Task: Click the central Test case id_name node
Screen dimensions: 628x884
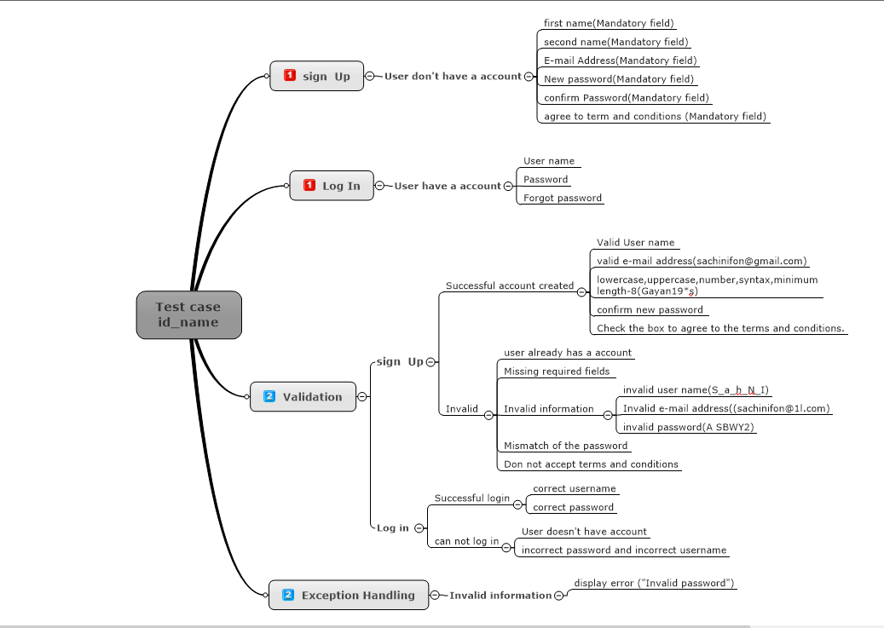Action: pyautogui.click(x=188, y=314)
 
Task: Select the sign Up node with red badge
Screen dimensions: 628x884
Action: pyautogui.click(x=316, y=76)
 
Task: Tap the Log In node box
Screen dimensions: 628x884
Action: pyautogui.click(x=332, y=186)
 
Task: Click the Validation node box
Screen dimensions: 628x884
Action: pyautogui.click(x=303, y=396)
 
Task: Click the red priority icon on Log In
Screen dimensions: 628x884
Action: pyautogui.click(x=309, y=186)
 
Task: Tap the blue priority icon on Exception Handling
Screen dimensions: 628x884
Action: pyautogui.click(x=288, y=595)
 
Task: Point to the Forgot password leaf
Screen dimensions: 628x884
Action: pyautogui.click(x=562, y=198)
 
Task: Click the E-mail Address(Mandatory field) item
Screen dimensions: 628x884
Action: pyautogui.click(x=620, y=60)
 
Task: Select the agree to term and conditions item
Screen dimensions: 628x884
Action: pyautogui.click(x=654, y=116)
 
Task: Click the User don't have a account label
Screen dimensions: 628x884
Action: pyautogui.click(x=452, y=76)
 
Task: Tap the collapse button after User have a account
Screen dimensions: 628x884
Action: pyautogui.click(x=509, y=186)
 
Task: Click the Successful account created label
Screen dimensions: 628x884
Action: pyautogui.click(x=509, y=285)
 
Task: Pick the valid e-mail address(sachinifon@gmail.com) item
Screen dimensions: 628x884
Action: pyautogui.click(x=702, y=262)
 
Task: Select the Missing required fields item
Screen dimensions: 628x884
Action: pyautogui.click(x=556, y=372)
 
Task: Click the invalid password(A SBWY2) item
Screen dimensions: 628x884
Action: pyautogui.click(x=688, y=427)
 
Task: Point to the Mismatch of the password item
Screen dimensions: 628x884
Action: pyautogui.click(x=565, y=446)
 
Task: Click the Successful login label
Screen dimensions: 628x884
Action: pyautogui.click(x=471, y=498)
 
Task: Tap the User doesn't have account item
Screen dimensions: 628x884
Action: pyautogui.click(x=584, y=532)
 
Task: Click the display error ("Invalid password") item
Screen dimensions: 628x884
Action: pyautogui.click(x=654, y=584)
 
